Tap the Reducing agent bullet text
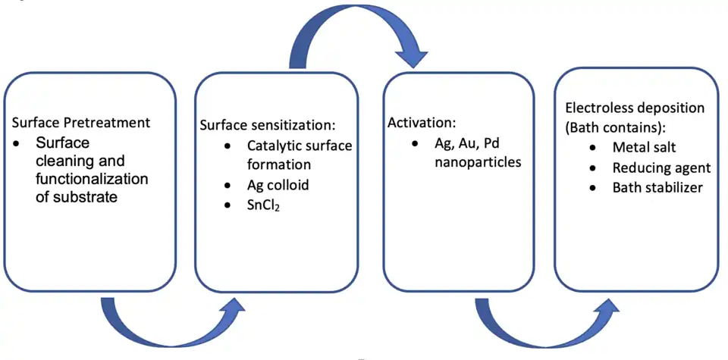pos(661,167)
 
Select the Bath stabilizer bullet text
pos(657,187)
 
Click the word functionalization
pos(92,180)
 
